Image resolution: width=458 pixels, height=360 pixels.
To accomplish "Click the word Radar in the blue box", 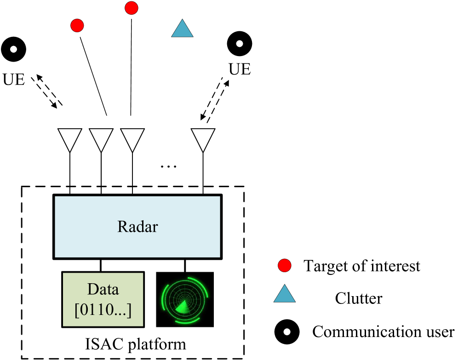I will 137,227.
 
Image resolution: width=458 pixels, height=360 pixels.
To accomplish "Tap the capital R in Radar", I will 122,227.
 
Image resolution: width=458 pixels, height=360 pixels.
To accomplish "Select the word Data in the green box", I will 103,289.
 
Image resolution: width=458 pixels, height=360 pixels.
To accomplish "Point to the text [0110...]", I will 103,310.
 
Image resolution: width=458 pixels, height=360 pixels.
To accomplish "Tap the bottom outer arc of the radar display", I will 186,320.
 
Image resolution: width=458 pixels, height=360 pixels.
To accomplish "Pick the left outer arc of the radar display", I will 163,299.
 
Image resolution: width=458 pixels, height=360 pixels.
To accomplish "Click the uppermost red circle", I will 132,8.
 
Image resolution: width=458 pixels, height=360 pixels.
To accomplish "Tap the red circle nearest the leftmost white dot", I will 77,25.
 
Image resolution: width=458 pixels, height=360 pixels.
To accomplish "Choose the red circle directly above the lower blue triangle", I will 285,265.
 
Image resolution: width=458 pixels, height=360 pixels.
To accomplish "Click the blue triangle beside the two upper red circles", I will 182,29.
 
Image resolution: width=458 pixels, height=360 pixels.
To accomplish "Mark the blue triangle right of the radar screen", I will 285,295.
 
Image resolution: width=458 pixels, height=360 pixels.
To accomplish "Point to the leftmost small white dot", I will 14,49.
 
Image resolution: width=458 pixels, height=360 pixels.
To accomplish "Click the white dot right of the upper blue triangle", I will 240,44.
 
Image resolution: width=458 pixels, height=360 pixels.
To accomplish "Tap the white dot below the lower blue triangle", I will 287,331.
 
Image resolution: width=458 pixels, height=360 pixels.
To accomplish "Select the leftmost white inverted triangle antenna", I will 70,138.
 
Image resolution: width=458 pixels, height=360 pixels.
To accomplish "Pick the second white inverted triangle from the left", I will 101,138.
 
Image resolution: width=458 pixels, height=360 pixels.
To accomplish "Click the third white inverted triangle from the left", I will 132,138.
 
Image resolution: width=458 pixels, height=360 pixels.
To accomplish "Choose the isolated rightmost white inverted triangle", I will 203,138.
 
